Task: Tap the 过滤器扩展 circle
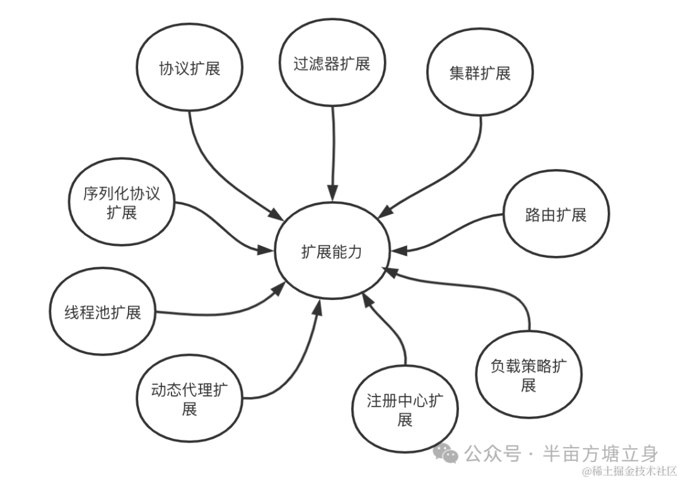pos(332,64)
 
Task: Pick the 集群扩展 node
pos(480,73)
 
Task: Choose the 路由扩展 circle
pos(556,215)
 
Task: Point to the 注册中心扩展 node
pos(405,410)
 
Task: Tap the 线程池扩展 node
pos(103,313)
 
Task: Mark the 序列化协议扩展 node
pos(122,202)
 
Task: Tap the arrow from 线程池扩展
pos(227,309)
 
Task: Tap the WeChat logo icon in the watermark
pos(450,453)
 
